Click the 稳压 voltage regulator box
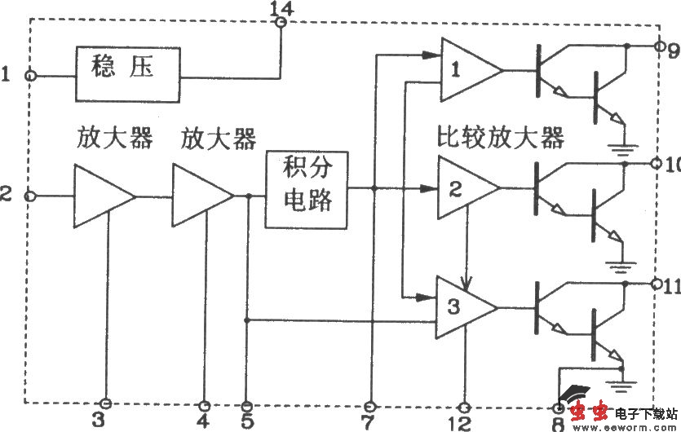click(128, 73)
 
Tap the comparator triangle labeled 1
click(467, 71)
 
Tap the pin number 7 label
click(369, 421)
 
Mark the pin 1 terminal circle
click(31, 75)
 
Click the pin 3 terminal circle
click(105, 403)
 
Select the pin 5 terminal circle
click(247, 404)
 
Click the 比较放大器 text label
click(500, 138)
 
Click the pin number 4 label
click(204, 421)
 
